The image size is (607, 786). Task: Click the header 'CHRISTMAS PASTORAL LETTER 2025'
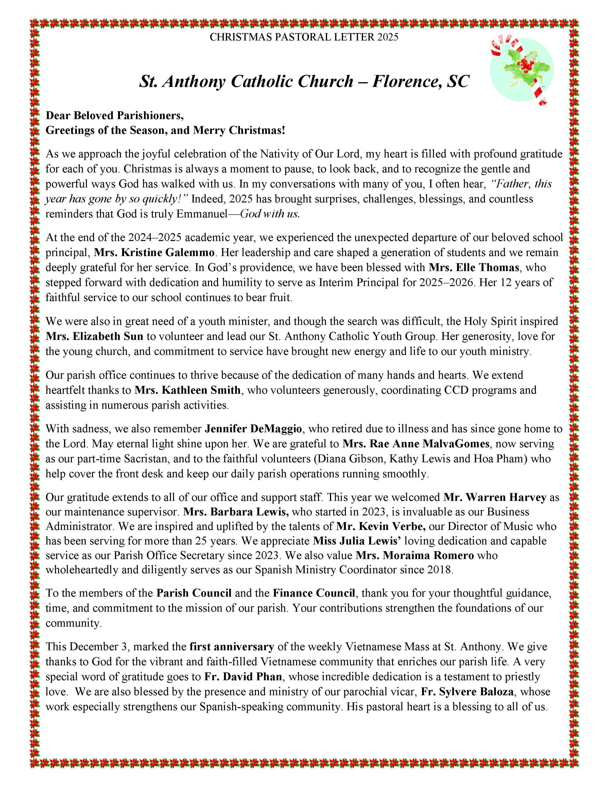(304, 37)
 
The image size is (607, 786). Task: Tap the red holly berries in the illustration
(526, 65)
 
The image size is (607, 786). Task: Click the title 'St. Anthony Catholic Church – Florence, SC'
(304, 82)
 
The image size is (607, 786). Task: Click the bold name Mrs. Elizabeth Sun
(94, 336)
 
